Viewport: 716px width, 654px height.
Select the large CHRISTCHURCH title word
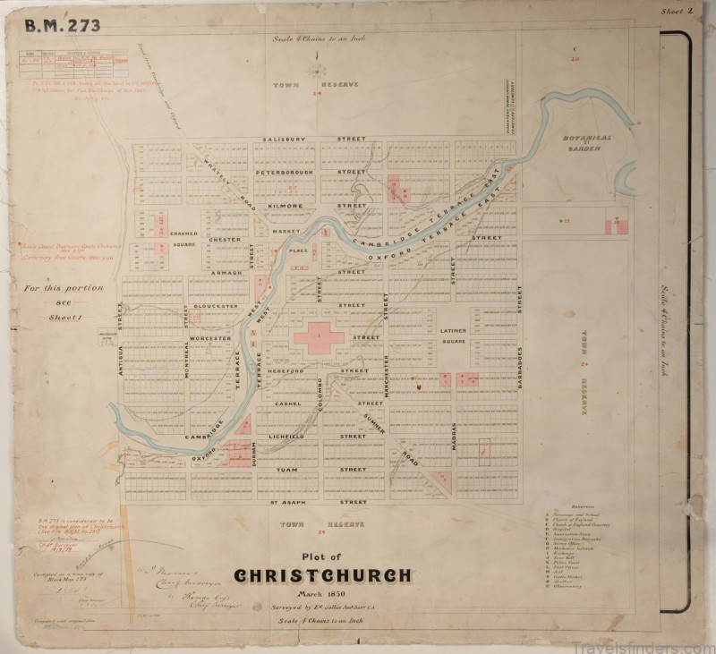point(324,576)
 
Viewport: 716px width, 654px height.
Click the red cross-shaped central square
point(320,337)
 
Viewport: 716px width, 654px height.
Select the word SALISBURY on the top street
point(285,140)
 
